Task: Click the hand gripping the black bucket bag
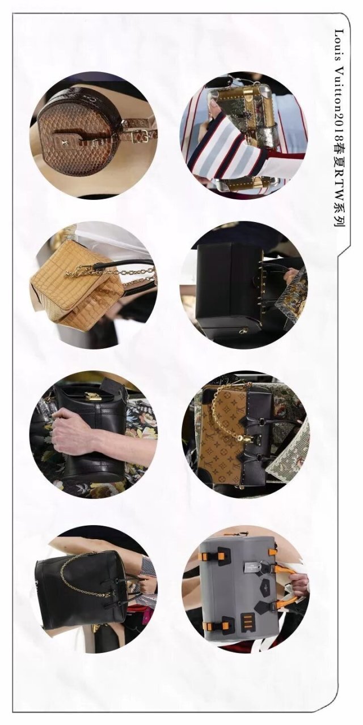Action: click(74, 430)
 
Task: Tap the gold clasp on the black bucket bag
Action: click(93, 396)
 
